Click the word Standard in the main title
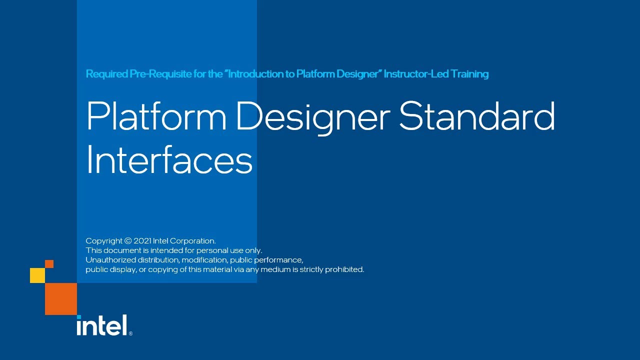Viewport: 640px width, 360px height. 477,116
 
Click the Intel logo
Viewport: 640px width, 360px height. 102,325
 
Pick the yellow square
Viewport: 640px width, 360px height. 37,275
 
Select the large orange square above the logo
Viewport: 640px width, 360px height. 61,299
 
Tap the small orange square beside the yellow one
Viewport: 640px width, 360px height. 49,264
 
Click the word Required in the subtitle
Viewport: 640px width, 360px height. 106,74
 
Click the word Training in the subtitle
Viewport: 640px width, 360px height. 469,74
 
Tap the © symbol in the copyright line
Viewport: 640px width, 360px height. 128,241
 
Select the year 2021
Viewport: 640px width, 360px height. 142,241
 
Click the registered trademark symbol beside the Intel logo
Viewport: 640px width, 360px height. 130,333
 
